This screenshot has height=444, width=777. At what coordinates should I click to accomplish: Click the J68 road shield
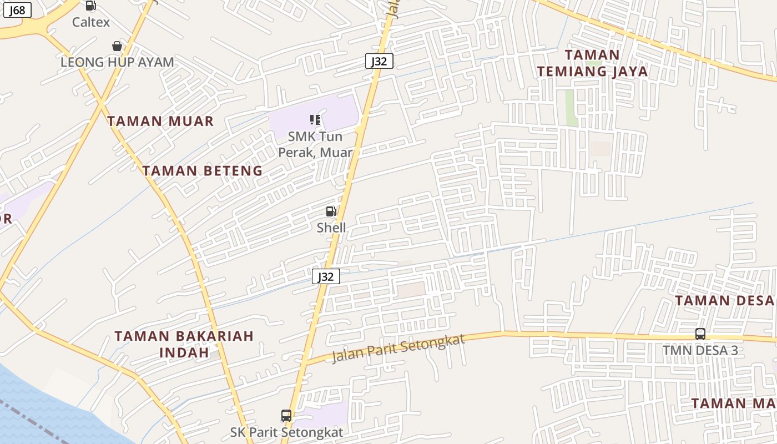(x=17, y=10)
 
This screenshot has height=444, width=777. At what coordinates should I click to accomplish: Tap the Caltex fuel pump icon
(x=90, y=6)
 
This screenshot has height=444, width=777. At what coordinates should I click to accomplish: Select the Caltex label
(x=91, y=22)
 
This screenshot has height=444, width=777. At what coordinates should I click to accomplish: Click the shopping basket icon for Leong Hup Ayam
(x=117, y=46)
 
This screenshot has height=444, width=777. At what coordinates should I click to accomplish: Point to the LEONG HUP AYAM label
(x=117, y=62)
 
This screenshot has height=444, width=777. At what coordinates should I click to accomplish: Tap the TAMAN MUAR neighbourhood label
(x=160, y=121)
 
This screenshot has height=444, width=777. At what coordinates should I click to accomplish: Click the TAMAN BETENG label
(x=202, y=170)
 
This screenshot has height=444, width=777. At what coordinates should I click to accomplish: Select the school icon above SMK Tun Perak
(x=315, y=119)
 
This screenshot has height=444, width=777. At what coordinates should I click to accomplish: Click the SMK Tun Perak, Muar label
(x=315, y=144)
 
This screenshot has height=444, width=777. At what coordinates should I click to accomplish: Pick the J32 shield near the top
(x=379, y=61)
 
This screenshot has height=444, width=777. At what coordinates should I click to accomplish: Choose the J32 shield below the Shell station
(x=326, y=276)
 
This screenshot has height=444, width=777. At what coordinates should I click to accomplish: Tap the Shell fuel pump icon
(x=331, y=211)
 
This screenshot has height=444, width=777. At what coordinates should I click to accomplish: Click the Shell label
(x=331, y=228)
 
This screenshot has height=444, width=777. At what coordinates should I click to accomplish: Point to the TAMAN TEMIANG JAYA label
(x=592, y=63)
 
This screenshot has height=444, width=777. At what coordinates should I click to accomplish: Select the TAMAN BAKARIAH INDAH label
(x=184, y=344)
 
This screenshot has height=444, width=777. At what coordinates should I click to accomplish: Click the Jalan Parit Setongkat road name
(x=398, y=349)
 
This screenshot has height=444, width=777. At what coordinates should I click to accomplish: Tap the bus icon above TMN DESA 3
(x=700, y=334)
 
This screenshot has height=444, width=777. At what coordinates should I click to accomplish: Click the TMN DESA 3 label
(x=700, y=350)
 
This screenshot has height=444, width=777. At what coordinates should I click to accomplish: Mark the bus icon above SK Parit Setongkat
(x=286, y=415)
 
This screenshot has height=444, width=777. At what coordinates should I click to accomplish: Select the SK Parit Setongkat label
(x=286, y=432)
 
